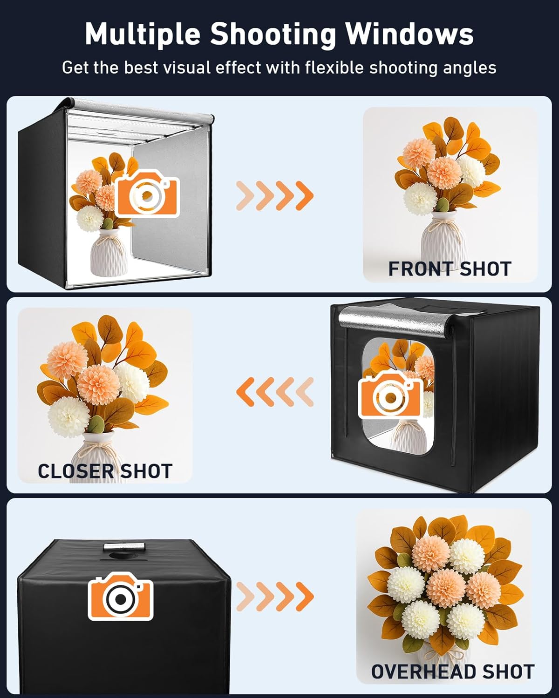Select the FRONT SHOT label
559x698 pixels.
pyautogui.click(x=450, y=269)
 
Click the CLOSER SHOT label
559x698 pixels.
pyautogui.click(x=105, y=471)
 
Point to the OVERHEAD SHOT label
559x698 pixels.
pyautogui.click(x=452, y=672)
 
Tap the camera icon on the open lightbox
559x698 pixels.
pyautogui.click(x=147, y=193)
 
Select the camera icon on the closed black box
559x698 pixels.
pyautogui.click(x=121, y=596)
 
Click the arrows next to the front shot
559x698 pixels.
pyautogui.click(x=275, y=195)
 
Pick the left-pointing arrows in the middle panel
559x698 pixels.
pyautogui.click(x=275, y=391)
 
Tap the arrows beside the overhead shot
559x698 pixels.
pyautogui.click(x=275, y=596)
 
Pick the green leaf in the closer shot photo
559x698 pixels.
pyautogui.click(x=96, y=424)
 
